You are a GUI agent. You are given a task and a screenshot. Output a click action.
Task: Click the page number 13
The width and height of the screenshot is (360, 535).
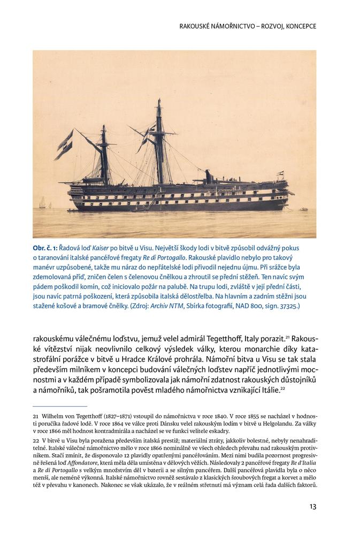point(312,506)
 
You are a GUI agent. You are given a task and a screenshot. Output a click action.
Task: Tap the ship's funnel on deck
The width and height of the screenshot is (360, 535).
point(209,177)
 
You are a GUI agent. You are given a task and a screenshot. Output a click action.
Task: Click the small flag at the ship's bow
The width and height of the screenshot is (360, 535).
point(278,173)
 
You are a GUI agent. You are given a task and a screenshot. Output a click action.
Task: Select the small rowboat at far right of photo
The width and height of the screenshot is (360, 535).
point(303,210)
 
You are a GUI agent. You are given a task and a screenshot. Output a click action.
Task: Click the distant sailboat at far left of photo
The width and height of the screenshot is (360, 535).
point(42,202)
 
